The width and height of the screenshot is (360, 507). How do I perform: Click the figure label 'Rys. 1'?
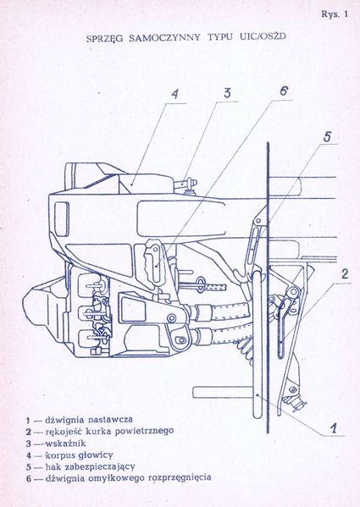pyautogui.click(x=334, y=14)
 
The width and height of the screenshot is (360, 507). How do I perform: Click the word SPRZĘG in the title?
pyautogui.click(x=109, y=39)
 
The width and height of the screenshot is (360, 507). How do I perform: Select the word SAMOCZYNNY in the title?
pyautogui.click(x=166, y=39)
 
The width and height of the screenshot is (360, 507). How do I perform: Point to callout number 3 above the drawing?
pyautogui.click(x=228, y=93)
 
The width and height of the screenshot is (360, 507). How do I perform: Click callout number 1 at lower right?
pyautogui.click(x=335, y=428)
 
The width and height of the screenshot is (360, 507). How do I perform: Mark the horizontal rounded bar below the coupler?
pyautogui.click(x=224, y=392)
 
